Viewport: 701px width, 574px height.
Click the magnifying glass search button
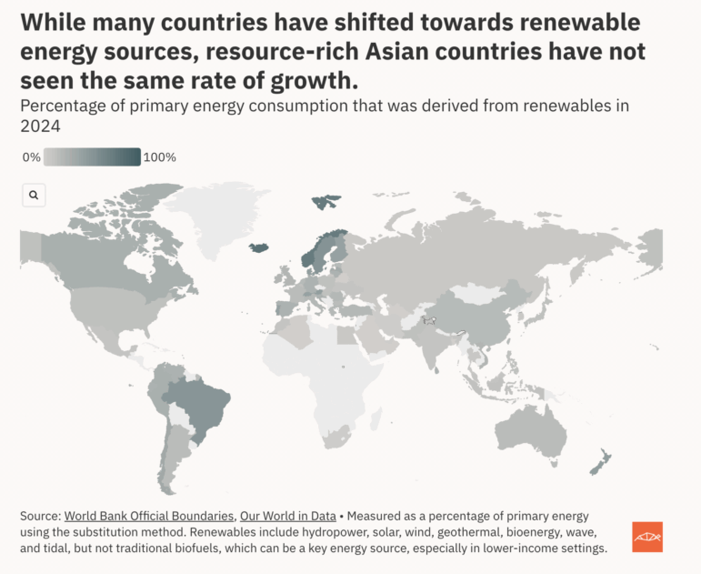coord(34,195)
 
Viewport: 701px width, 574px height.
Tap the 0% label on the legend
coord(31,157)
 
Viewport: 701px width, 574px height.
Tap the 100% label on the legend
coord(160,157)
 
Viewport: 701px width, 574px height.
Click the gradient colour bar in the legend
coord(92,157)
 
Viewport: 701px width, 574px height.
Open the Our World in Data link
coord(288,515)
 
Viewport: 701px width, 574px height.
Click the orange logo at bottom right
coord(647,537)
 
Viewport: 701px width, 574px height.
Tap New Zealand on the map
coord(600,463)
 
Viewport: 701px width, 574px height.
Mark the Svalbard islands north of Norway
coord(325,201)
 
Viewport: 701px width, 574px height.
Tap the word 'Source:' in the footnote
coord(40,515)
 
